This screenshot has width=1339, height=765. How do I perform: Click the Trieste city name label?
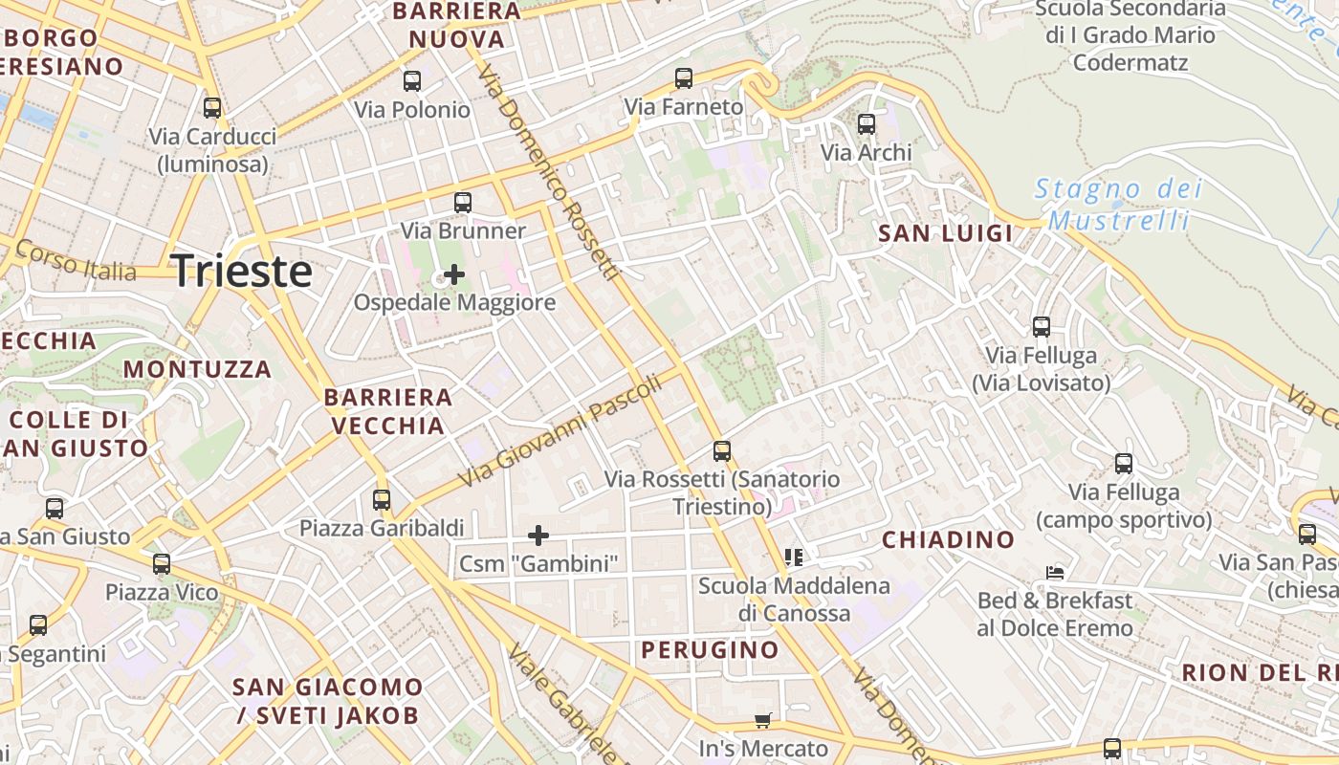pos(242,272)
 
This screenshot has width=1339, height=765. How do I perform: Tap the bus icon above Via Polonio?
pos(412,81)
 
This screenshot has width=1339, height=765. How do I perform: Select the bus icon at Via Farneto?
pos(683,78)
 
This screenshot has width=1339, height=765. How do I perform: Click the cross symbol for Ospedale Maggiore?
pos(454,275)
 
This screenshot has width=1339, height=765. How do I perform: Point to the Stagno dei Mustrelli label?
pos(1119,205)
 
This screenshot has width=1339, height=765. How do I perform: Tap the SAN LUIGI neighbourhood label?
pos(945,233)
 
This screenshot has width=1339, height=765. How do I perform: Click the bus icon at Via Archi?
pos(867,123)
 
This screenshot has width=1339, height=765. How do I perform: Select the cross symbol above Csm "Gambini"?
pos(538,535)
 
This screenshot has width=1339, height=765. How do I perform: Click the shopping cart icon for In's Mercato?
pos(762,720)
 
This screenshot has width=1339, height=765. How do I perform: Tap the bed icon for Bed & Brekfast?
pos(1055,573)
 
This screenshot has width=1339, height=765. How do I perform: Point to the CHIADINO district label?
pos(948,539)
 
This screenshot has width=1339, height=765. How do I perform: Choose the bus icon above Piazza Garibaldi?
pos(382,499)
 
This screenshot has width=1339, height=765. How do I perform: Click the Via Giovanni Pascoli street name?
pos(560,430)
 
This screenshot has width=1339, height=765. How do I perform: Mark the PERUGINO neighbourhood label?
pos(710,650)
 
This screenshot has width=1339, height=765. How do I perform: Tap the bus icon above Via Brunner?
pos(463,202)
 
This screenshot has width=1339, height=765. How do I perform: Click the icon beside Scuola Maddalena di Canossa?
pos(793,557)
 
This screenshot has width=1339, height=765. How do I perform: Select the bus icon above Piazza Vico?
pos(162,564)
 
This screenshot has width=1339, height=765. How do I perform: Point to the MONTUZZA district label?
pos(197,369)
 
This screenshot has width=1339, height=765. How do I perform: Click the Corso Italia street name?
pos(77,261)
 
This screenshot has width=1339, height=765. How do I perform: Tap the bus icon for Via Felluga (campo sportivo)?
pos(1124,464)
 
